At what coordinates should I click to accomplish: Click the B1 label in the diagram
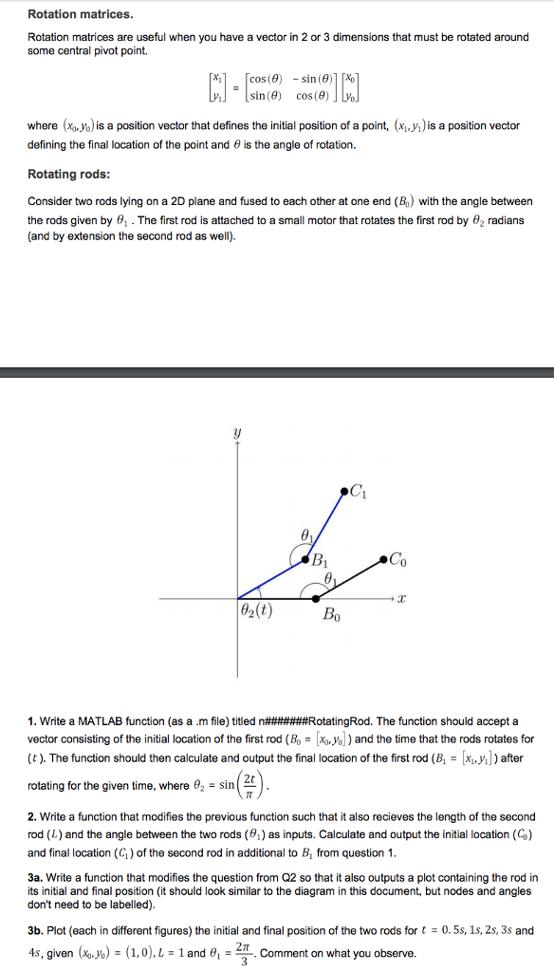[319, 557]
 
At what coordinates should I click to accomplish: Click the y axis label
[236, 433]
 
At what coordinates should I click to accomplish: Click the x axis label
[400, 599]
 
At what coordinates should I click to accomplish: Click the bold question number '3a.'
[38, 878]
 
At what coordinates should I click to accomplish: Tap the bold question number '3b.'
[38, 931]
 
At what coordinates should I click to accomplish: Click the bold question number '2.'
[32, 816]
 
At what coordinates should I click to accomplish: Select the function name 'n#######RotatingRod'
[315, 721]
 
